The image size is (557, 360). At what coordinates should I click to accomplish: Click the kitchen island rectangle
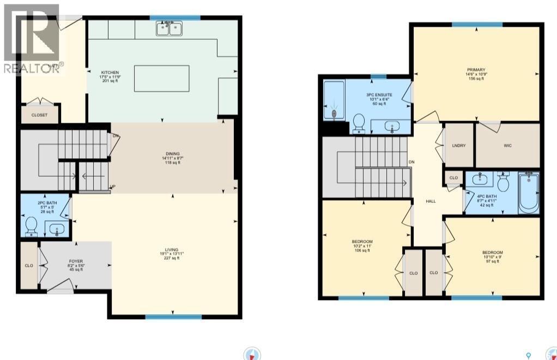tap(162, 79)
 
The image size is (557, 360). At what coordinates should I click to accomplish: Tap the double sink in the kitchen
tap(169, 28)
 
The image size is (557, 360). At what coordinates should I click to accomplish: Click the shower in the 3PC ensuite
tap(334, 99)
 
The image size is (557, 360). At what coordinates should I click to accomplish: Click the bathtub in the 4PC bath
tap(528, 193)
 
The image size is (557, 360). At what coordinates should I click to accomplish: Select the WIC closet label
tap(507, 146)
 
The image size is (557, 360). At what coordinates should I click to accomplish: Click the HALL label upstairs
tap(431, 201)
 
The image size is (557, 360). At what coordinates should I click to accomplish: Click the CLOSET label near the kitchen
tap(39, 115)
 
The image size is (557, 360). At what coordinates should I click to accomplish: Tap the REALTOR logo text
tap(32, 68)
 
